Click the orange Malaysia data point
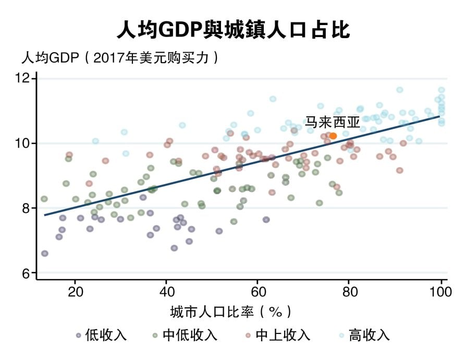click(333, 136)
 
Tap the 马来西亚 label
click(333, 123)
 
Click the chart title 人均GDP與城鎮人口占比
click(233, 30)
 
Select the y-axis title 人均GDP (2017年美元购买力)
click(119, 57)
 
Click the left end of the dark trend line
click(45, 214)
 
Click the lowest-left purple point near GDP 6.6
click(45, 254)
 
